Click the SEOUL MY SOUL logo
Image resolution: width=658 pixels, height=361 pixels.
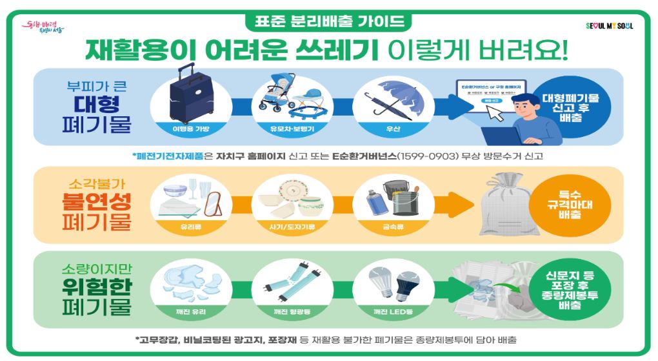[x=609, y=26]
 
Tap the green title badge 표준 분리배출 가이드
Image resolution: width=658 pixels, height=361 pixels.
[x=328, y=21]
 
